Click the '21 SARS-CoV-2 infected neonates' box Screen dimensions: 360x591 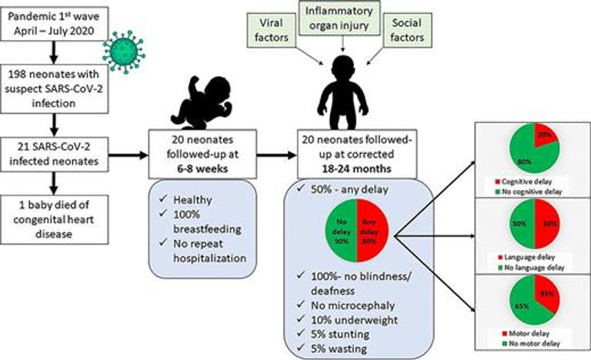click(55, 152)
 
